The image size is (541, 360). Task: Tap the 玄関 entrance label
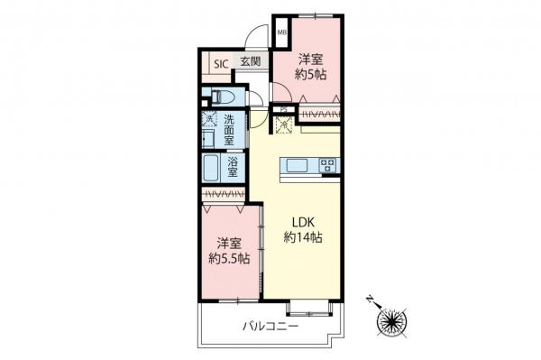(250, 62)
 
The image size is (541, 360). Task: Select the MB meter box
(281, 34)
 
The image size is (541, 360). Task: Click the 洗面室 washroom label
(230, 130)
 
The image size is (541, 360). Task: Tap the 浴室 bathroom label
(233, 168)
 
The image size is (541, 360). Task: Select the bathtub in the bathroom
(212, 169)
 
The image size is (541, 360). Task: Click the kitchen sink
(298, 166)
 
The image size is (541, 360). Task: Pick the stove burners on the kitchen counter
(328, 166)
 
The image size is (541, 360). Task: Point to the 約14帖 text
(303, 237)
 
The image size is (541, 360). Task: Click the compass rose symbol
(394, 320)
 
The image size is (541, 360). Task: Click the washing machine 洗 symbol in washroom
(208, 118)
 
